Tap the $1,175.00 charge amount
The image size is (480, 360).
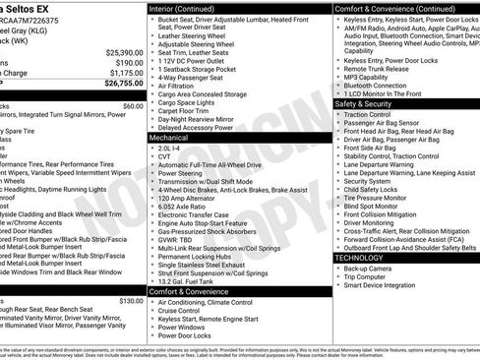[x=125, y=72]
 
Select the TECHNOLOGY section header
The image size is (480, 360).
[x=361, y=257]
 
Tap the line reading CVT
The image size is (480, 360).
[x=164, y=157]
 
